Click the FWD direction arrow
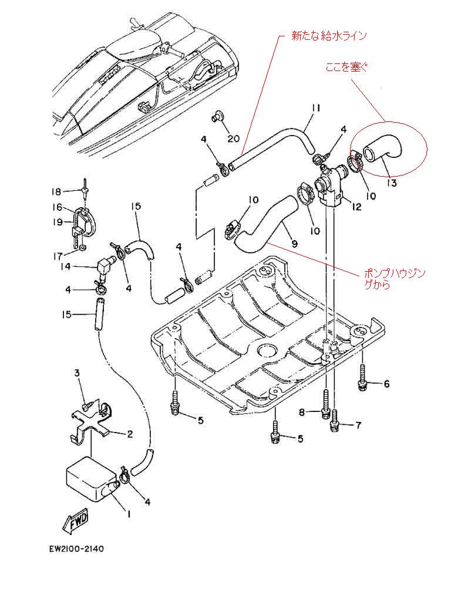76,522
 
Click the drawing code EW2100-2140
76,549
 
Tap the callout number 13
392,183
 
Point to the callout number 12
356,207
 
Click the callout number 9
294,243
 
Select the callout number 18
56,191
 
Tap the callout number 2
130,434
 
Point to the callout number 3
77,373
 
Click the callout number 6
386,383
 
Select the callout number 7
358,425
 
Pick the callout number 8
302,413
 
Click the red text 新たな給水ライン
329,36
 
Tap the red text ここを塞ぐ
346,67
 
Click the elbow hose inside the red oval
383,151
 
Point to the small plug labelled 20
218,116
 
